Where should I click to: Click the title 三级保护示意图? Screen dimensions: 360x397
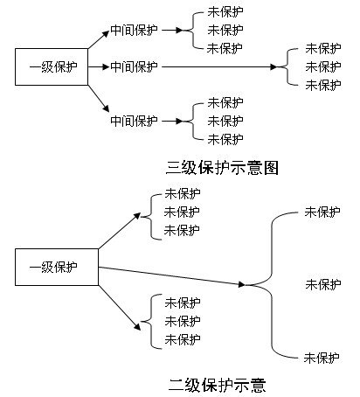pos(222,168)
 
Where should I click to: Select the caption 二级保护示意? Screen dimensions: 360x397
pos(218,385)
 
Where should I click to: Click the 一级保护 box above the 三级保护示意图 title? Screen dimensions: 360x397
pos(52,66)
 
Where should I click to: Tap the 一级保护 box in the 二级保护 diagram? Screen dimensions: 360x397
pos(57,267)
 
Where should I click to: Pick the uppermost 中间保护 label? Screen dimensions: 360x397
pos(134,30)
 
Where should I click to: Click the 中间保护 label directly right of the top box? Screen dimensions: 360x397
pos(134,66)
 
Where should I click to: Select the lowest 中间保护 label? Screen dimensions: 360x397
pos(134,121)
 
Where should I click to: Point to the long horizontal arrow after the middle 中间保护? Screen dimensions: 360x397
pos(219,66)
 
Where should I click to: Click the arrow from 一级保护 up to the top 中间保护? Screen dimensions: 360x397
pos(99,39)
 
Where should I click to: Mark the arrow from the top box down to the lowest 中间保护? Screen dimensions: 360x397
pos(99,99)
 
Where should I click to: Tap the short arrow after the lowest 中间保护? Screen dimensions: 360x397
pos(172,121)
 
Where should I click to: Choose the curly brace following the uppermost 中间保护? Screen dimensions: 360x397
pos(193,30)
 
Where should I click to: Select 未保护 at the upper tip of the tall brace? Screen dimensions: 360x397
pos(322,212)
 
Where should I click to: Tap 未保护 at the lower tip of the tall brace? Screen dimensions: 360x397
pos(322,358)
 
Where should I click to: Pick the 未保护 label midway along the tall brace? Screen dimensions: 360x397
pos(323,284)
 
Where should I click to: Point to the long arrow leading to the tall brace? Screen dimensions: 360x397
pos(172,275)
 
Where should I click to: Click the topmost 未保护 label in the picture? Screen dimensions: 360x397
pos(225,12)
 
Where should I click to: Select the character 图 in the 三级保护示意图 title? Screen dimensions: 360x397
pos(271,168)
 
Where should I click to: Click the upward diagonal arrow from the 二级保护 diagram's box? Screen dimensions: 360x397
pos(120,231)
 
